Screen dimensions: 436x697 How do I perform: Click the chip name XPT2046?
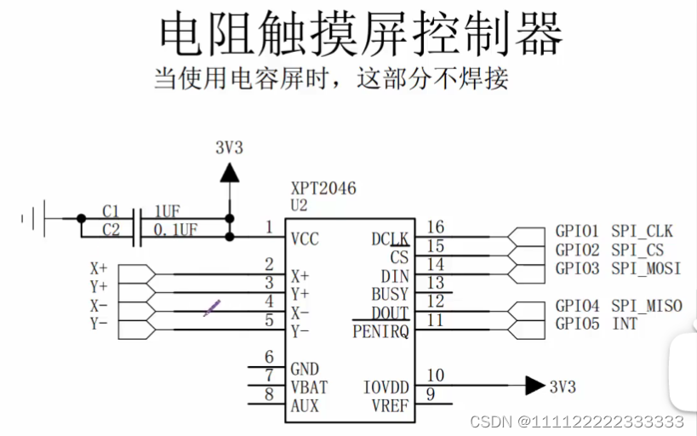tap(324, 188)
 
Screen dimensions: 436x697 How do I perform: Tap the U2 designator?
tap(300, 205)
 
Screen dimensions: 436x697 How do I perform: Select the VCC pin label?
tap(305, 239)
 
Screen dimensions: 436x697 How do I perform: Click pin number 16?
tap(435, 227)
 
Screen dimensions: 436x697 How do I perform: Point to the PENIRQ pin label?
tap(380, 331)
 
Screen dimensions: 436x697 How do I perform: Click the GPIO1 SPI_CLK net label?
tap(614, 231)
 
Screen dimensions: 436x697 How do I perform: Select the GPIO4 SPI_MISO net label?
tap(619, 306)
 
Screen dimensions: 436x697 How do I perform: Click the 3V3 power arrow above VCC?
tap(229, 172)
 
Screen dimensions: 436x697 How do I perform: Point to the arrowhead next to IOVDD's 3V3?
tap(534, 386)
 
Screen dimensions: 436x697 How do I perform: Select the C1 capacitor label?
tap(111, 211)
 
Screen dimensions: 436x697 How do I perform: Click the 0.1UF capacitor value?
tap(175, 229)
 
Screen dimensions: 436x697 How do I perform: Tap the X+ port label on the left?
tap(99, 267)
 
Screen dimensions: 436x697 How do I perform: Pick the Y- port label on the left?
tap(99, 324)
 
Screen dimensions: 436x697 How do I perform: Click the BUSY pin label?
tap(390, 295)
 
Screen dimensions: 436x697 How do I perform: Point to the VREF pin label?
tap(390, 405)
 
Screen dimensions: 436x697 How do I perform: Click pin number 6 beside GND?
tap(269, 357)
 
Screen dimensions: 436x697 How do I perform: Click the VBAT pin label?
tap(309, 387)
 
